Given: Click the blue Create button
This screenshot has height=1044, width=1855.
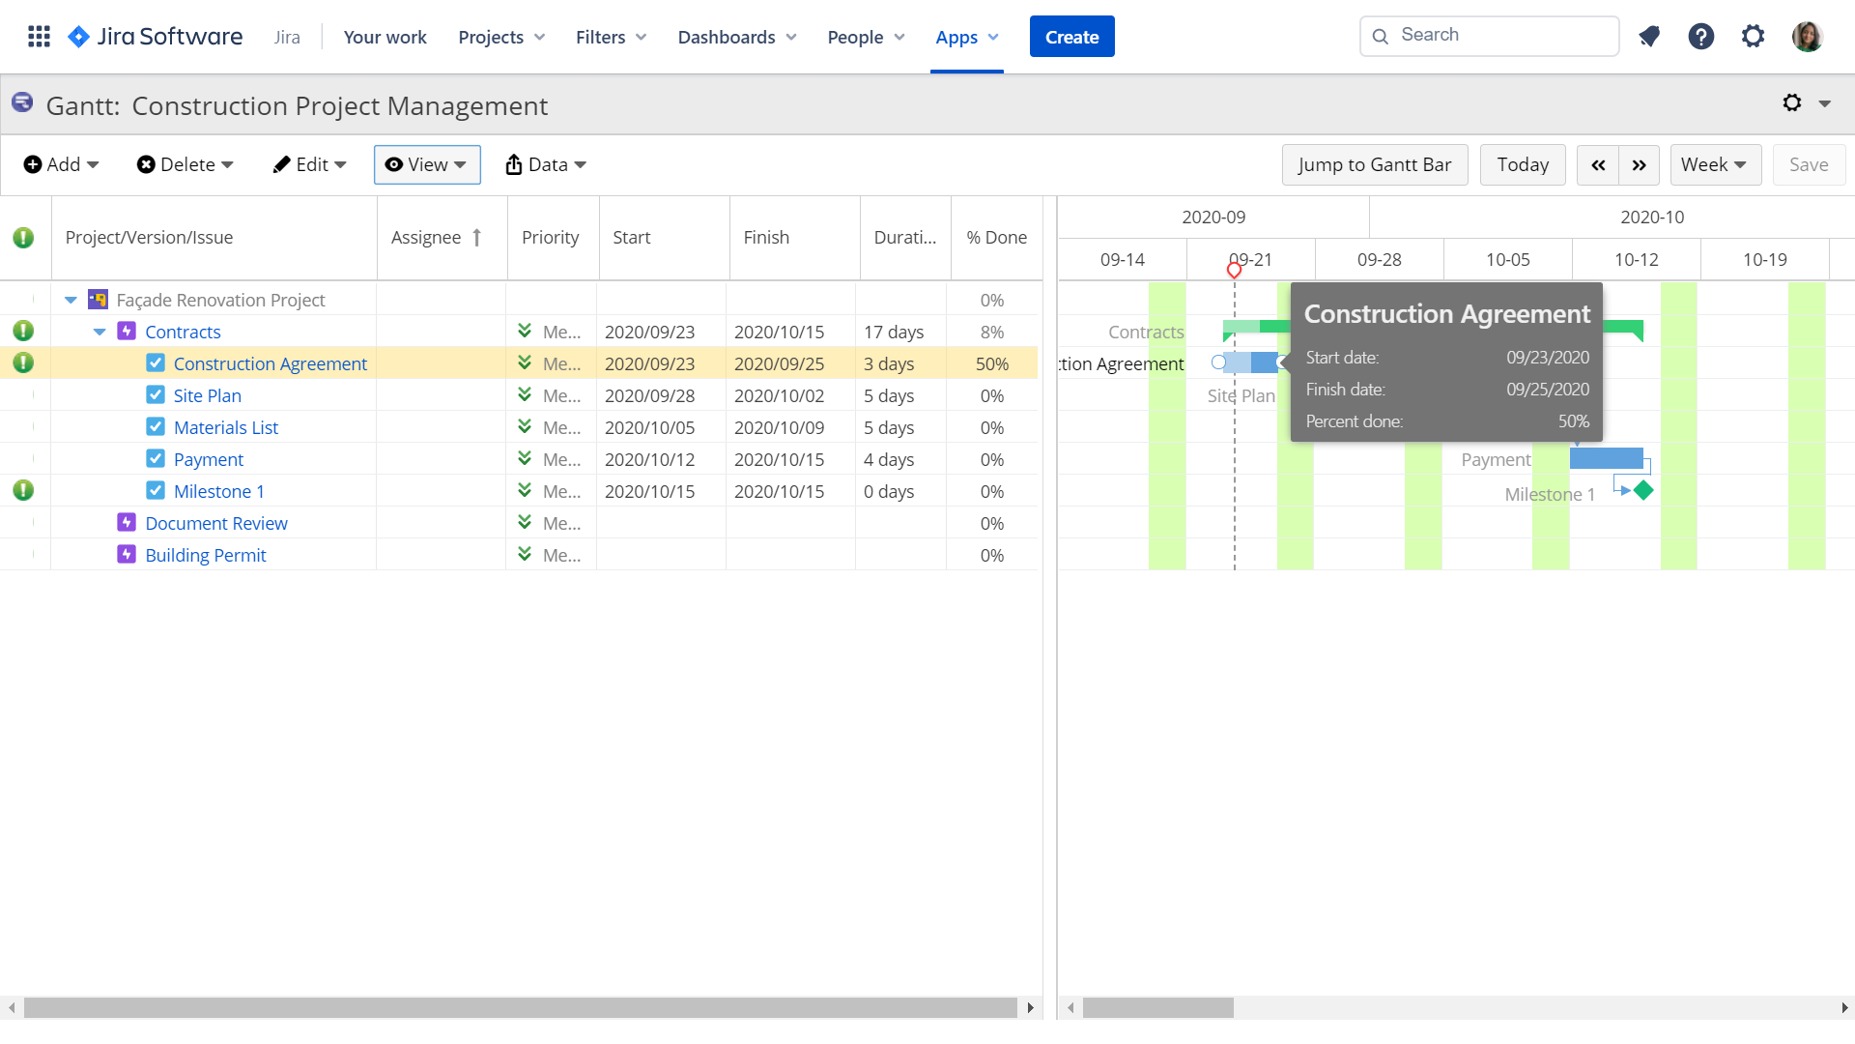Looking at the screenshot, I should click(1071, 37).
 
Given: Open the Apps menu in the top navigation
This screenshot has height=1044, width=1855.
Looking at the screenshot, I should click(966, 37).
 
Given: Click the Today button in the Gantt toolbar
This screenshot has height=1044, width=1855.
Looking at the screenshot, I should click(1523, 164).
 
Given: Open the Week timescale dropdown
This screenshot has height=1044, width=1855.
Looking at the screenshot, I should click(1715, 164).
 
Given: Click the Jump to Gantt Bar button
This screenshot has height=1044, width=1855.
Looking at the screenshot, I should click(1374, 164).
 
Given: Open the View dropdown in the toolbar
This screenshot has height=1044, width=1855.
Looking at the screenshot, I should click(427, 164).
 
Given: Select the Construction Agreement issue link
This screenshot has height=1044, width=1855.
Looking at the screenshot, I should click(271, 363).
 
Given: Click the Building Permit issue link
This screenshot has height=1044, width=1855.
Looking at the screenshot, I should click(206, 555).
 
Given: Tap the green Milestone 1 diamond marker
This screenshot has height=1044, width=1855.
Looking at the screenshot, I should click(1643, 490).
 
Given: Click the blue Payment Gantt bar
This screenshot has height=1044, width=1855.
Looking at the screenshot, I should click(1606, 458).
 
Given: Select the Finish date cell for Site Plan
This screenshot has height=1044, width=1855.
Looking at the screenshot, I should click(779, 395).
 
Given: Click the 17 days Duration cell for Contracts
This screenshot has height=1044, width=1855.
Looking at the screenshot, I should click(894, 332).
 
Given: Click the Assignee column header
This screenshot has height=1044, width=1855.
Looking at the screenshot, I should click(426, 238).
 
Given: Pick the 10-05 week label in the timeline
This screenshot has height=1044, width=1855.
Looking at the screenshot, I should click(1507, 259).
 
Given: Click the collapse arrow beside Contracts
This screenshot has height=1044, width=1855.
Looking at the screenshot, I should click(100, 332).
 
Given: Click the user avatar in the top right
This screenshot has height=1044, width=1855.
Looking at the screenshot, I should click(1807, 37).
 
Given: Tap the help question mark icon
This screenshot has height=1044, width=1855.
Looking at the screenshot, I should click(1700, 37).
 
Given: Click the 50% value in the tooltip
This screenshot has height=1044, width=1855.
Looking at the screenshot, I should click(1573, 421).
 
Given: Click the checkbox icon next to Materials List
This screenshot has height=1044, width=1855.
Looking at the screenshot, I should click(156, 426).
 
